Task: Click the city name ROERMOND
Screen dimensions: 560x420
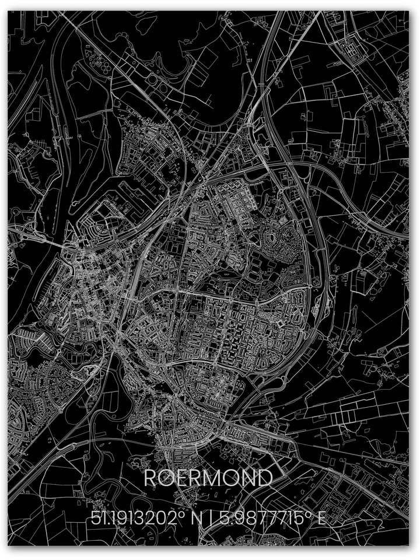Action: (208, 478)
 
